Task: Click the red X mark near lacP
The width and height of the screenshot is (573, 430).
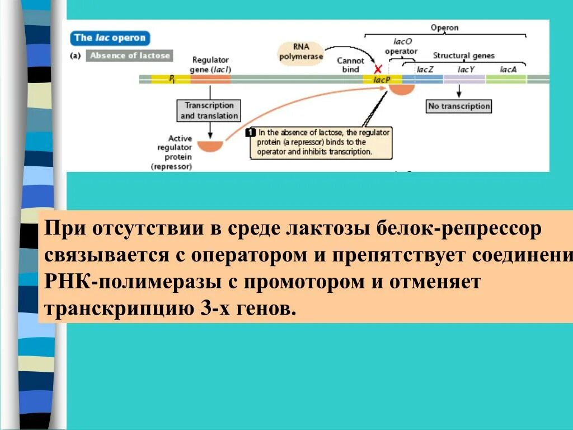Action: point(378,69)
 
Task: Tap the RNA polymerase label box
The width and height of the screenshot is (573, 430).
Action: point(300,52)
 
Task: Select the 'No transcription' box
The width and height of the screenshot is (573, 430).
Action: point(459,106)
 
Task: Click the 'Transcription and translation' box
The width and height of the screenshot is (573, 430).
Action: point(209,110)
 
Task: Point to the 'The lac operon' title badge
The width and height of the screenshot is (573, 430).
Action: point(110,38)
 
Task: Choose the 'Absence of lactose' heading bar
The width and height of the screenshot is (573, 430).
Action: point(129,55)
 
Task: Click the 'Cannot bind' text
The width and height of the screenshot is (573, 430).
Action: point(350,64)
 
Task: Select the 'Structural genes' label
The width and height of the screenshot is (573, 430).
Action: point(464,56)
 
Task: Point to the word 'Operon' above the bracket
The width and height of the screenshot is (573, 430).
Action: point(444,27)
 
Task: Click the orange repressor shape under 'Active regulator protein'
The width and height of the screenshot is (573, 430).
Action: point(210,146)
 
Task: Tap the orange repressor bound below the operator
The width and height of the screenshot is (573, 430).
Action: point(402,88)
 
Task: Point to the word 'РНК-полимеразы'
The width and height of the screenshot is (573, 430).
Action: point(132,282)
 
